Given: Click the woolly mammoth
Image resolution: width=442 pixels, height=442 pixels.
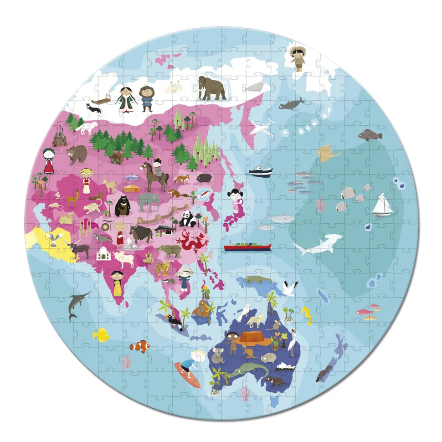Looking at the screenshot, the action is [211, 88].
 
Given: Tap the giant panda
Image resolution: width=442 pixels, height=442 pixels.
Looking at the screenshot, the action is [187, 220].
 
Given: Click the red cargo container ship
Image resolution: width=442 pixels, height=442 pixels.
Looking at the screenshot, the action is [247, 246].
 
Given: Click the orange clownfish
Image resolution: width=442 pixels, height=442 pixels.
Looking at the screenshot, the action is [139, 347].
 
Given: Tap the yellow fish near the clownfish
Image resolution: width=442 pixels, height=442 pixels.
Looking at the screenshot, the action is [101, 335].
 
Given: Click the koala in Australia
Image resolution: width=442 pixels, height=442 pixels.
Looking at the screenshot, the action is [217, 356].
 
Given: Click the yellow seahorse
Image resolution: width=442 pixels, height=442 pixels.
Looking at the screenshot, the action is [307, 314].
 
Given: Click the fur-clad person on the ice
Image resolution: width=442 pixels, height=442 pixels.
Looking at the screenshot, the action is [298, 59].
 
